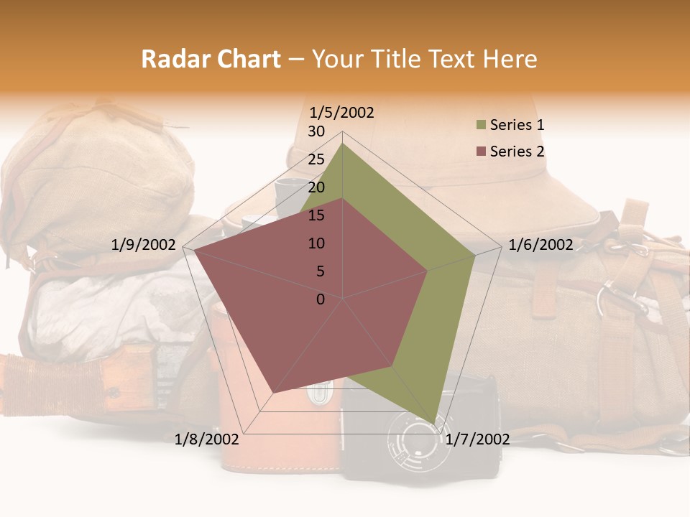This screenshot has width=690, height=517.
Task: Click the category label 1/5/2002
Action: tap(341, 113)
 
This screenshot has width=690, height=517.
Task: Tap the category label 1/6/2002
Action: tap(540, 245)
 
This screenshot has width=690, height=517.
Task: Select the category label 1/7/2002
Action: tap(477, 439)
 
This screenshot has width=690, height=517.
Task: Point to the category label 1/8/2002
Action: tap(207, 439)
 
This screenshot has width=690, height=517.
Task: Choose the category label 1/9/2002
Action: tap(143, 245)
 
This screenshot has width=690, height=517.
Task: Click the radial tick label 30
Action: tap(316, 131)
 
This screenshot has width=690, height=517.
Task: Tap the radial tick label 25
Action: tap(316, 159)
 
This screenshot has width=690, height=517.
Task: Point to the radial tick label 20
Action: tap(316, 187)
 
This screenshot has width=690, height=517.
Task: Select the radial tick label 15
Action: tap(316, 215)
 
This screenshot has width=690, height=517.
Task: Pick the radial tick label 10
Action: tap(316, 243)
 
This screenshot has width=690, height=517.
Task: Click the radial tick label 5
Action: tap(320, 271)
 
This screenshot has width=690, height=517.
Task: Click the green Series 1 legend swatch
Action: tap(481, 126)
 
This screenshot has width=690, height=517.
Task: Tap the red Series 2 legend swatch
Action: tap(481, 152)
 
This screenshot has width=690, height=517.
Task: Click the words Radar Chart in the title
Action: tap(211, 59)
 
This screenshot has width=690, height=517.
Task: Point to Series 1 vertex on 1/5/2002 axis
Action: tap(342, 144)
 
